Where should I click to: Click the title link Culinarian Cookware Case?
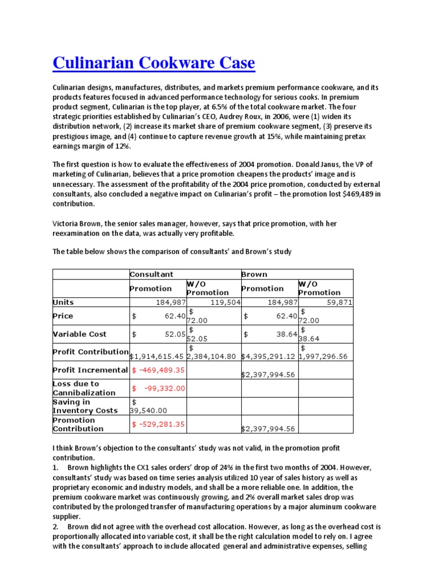(x=154, y=63)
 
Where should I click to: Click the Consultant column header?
(x=151, y=274)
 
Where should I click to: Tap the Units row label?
(x=63, y=302)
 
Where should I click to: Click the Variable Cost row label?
(x=79, y=334)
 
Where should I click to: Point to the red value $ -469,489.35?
(x=158, y=370)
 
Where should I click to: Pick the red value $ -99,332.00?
(x=158, y=388)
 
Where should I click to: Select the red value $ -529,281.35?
(x=158, y=424)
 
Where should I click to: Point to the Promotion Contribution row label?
(x=74, y=424)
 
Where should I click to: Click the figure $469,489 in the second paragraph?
(x=351, y=194)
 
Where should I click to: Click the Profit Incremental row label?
(x=90, y=370)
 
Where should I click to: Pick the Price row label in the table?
(x=63, y=316)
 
